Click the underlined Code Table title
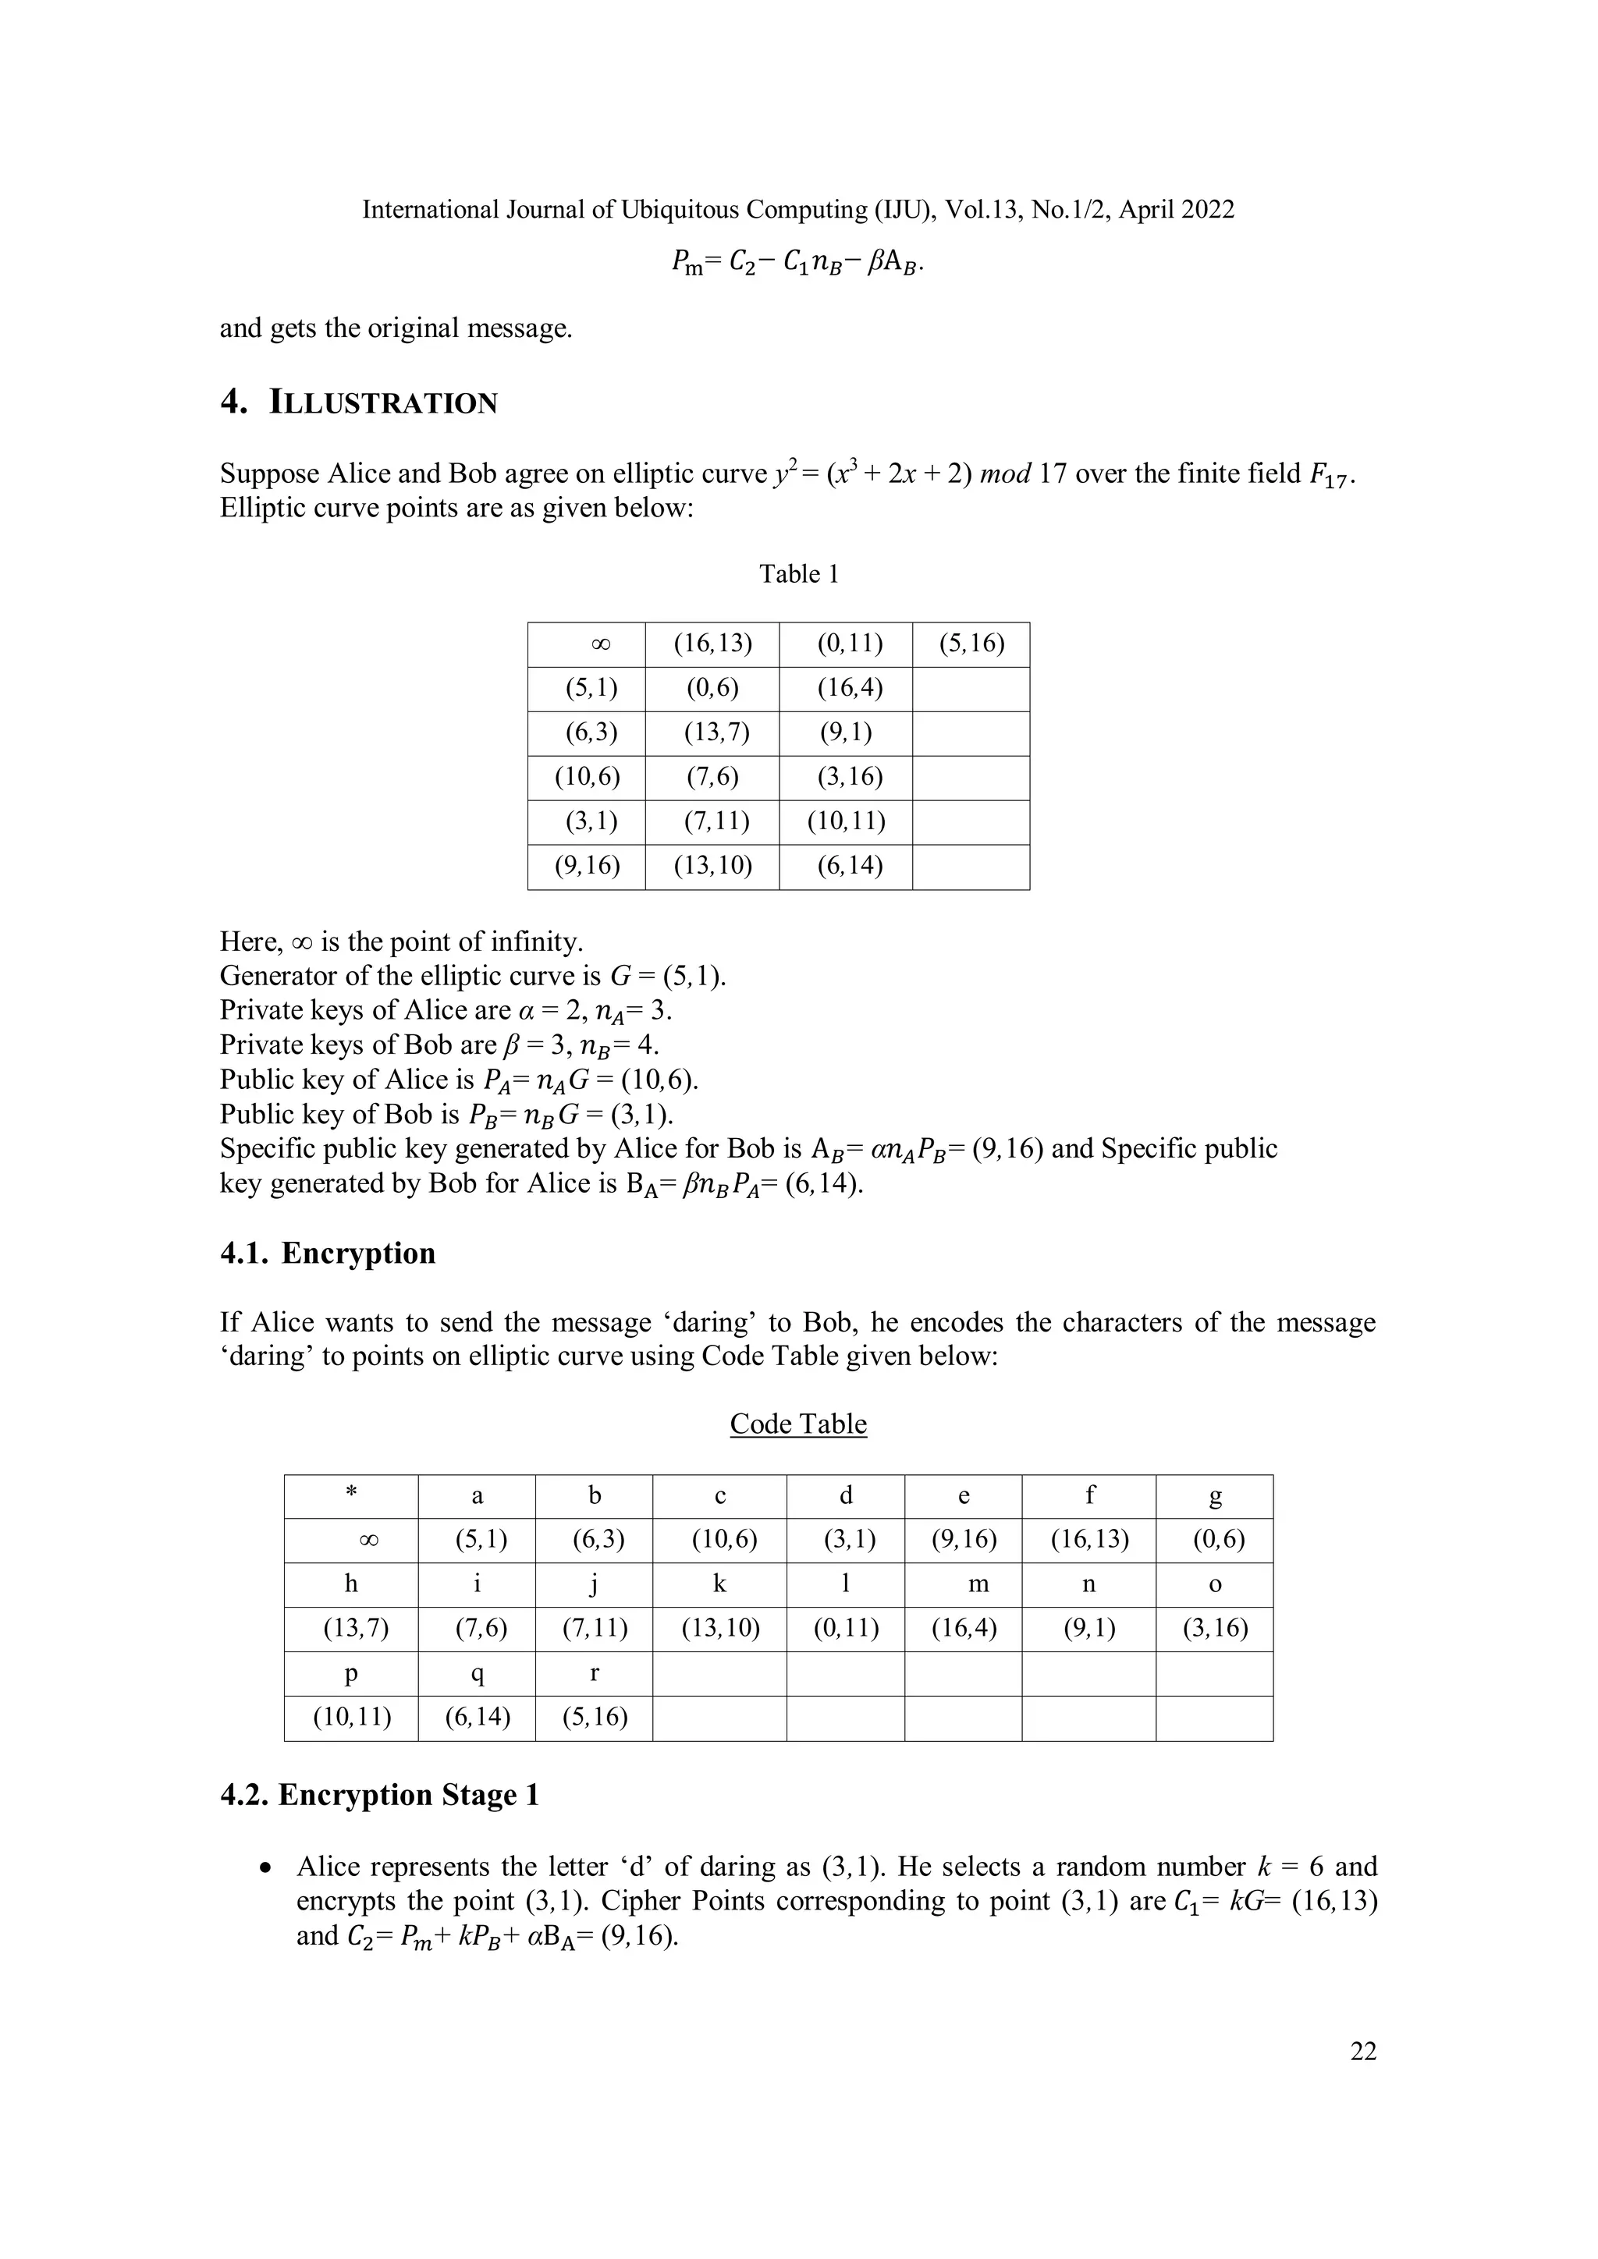(798, 1424)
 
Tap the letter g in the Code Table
(1214, 1496)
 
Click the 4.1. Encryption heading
(328, 1253)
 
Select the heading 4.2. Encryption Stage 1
(379, 1795)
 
